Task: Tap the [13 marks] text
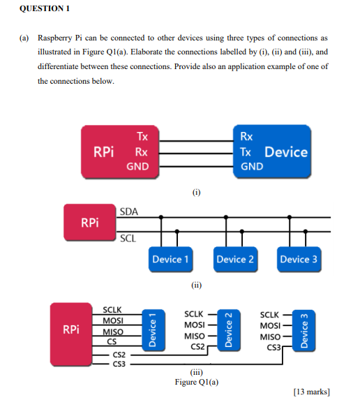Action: (x=313, y=391)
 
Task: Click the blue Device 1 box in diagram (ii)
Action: (x=170, y=259)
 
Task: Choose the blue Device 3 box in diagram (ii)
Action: (x=299, y=259)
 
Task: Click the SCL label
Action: (x=127, y=238)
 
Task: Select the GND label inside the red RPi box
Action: (x=137, y=167)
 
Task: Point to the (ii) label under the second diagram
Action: (x=196, y=285)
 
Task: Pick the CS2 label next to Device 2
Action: (x=197, y=347)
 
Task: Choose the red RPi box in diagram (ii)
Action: (x=89, y=223)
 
